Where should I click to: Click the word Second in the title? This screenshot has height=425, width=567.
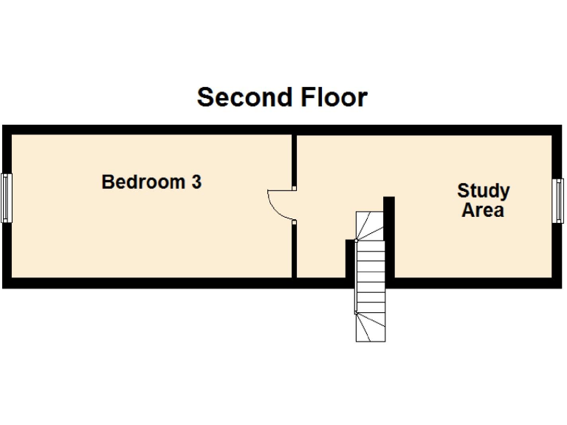click(245, 97)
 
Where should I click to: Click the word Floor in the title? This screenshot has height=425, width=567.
click(334, 97)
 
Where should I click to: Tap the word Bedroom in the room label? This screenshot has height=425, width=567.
click(143, 182)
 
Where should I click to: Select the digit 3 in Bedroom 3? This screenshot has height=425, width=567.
click(196, 182)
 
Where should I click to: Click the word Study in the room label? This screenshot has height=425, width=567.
click(484, 191)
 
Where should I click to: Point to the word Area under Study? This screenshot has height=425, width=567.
click(483, 210)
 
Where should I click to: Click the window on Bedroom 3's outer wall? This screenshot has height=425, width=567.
click(7, 198)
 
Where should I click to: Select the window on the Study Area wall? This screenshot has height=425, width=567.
click(558, 201)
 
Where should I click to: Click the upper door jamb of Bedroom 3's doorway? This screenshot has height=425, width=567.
click(295, 188)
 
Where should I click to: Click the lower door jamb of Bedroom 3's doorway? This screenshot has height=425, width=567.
click(295, 222)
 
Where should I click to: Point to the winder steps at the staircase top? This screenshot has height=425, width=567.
click(370, 226)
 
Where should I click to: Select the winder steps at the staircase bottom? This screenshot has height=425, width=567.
click(371, 328)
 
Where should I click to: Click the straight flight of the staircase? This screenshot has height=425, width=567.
click(371, 277)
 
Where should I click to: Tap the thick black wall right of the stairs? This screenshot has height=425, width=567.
click(389, 237)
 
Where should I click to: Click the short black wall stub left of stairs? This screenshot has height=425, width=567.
click(350, 259)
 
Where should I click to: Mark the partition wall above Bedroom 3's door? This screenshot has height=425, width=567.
click(295, 161)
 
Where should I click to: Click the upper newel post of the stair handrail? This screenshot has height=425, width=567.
click(356, 241)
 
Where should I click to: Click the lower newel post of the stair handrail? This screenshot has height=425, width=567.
click(356, 313)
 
